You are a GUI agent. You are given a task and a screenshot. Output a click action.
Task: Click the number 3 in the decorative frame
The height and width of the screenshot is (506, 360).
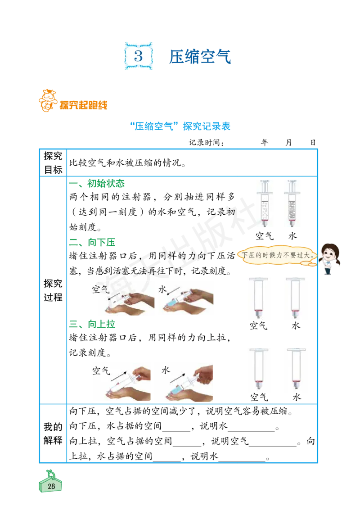(x=139, y=56)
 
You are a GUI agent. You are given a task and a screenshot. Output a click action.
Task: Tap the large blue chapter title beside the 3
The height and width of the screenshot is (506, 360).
(x=201, y=57)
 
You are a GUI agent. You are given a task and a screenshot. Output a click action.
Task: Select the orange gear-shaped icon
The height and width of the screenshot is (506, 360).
(x=47, y=99)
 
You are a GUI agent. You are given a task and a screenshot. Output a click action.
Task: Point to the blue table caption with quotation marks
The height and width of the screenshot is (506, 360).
(x=180, y=126)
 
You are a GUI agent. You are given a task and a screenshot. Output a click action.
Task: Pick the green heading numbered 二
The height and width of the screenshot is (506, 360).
(x=101, y=244)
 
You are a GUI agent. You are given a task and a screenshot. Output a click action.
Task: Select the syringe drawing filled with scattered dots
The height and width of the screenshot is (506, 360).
(x=265, y=204)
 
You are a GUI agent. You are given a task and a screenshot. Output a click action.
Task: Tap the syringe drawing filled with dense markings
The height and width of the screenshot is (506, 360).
(x=291, y=204)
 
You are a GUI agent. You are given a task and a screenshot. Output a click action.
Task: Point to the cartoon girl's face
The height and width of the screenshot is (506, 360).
(x=330, y=253)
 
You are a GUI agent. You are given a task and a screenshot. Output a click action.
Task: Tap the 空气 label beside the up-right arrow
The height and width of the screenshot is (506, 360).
(x=101, y=370)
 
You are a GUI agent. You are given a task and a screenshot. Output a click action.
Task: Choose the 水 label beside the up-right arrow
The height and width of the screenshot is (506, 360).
(x=166, y=370)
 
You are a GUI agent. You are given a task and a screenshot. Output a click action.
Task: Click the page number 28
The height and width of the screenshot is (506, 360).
(x=51, y=486)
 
